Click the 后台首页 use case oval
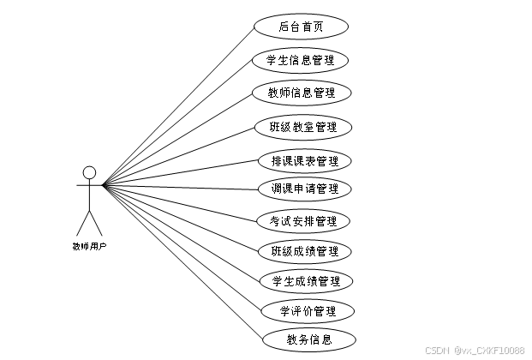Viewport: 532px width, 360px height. coord(301,27)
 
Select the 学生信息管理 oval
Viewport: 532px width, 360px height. coord(301,60)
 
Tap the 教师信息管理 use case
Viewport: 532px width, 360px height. coord(301,93)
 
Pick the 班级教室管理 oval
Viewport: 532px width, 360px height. coord(303,128)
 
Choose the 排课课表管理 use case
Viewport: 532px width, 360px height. coord(304,160)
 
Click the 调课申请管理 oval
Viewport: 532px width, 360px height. coord(304,189)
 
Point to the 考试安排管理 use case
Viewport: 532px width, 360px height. coord(303,221)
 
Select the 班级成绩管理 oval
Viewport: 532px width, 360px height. coord(304,251)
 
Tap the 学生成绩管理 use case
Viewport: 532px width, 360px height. coord(305,281)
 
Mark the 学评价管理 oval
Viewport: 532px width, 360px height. coord(307,311)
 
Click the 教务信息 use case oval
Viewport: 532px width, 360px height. coord(308,339)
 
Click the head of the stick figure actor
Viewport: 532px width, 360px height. coord(89,171)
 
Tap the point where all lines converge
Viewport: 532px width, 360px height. coord(103,184)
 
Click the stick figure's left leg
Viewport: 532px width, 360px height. coord(82,222)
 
